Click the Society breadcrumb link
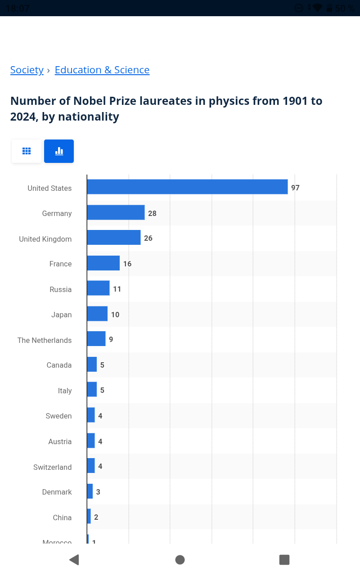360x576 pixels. click(x=27, y=70)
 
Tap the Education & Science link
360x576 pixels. click(x=102, y=70)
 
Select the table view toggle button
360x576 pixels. click(x=27, y=151)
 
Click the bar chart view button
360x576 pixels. click(x=59, y=151)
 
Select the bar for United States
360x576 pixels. click(x=187, y=187)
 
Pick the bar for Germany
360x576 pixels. click(x=116, y=212)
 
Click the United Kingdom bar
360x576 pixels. click(x=114, y=238)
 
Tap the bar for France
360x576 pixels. click(x=103, y=263)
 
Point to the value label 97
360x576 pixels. click(x=295, y=188)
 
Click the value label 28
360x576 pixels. click(x=152, y=213)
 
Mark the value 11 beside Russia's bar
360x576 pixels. click(x=117, y=289)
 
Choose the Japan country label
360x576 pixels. click(x=62, y=315)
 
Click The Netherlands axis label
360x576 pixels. click(x=45, y=340)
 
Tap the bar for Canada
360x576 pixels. click(x=92, y=364)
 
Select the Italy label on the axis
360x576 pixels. click(x=65, y=391)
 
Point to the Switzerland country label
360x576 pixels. click(x=53, y=467)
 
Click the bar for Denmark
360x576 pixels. click(x=90, y=491)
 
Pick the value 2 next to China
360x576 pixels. click(x=96, y=517)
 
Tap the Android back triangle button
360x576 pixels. click(x=74, y=560)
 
